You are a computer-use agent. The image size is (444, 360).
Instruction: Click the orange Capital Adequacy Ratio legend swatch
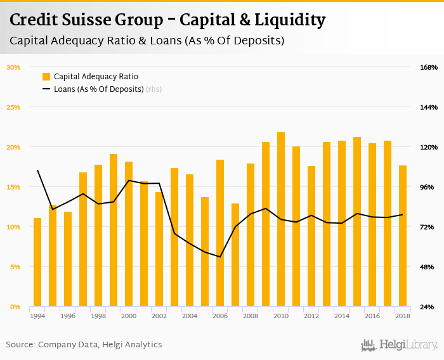click(46, 77)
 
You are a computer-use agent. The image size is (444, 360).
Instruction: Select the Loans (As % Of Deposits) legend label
click(98, 89)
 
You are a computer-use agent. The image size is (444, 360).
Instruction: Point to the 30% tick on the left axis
click(13, 67)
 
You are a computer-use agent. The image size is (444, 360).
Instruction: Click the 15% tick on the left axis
click(13, 187)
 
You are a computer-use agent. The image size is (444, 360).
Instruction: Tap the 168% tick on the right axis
click(429, 67)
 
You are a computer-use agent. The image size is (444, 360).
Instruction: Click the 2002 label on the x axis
click(159, 316)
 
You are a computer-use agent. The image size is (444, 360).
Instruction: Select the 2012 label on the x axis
click(311, 316)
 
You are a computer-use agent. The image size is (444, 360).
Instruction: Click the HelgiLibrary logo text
click(408, 345)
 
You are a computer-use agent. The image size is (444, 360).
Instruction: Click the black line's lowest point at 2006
click(220, 257)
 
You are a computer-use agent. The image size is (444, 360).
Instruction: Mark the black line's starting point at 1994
click(37, 170)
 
